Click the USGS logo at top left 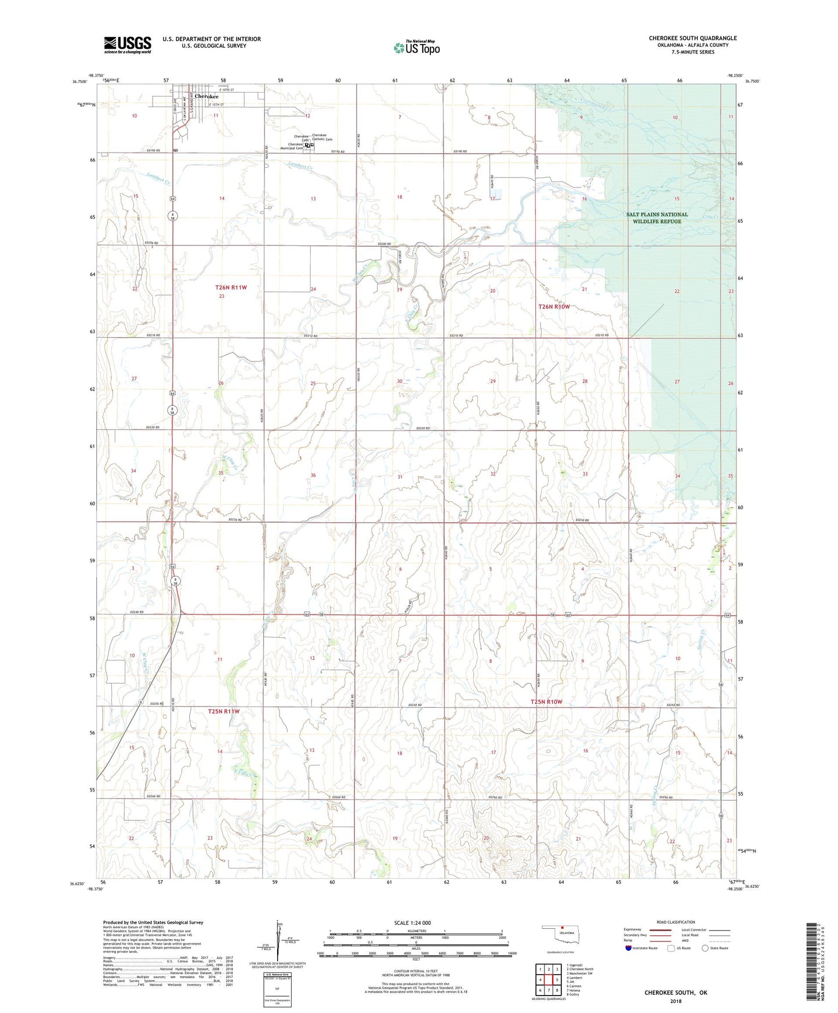(x=128, y=45)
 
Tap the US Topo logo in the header (x=416, y=48)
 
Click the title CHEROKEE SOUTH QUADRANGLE (x=692, y=38)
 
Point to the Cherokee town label (x=206, y=96)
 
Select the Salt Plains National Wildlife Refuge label (x=656, y=218)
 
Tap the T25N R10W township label (x=546, y=702)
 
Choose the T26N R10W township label (x=554, y=306)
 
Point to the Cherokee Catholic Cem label (x=322, y=138)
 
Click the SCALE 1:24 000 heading (x=412, y=923)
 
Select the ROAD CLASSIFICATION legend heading (x=676, y=922)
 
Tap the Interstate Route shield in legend (x=629, y=948)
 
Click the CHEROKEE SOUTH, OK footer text (x=676, y=993)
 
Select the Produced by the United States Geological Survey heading (x=153, y=922)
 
